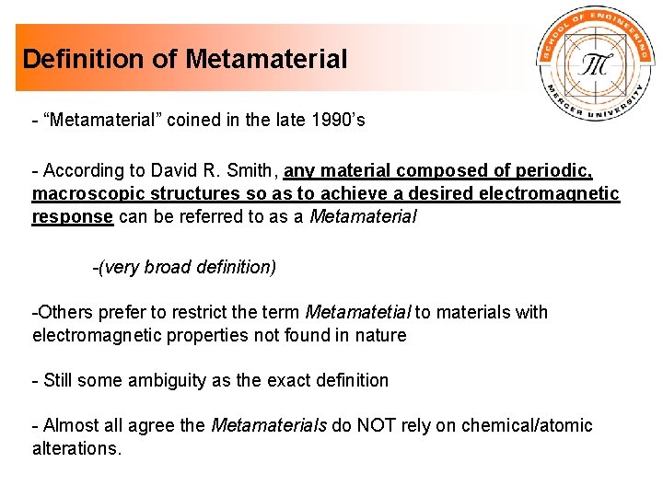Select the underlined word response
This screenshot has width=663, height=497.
[73, 218]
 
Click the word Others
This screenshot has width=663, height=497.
[63, 312]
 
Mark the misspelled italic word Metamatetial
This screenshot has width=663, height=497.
[357, 312]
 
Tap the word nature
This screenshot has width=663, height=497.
[381, 336]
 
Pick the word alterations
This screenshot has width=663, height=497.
[76, 449]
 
